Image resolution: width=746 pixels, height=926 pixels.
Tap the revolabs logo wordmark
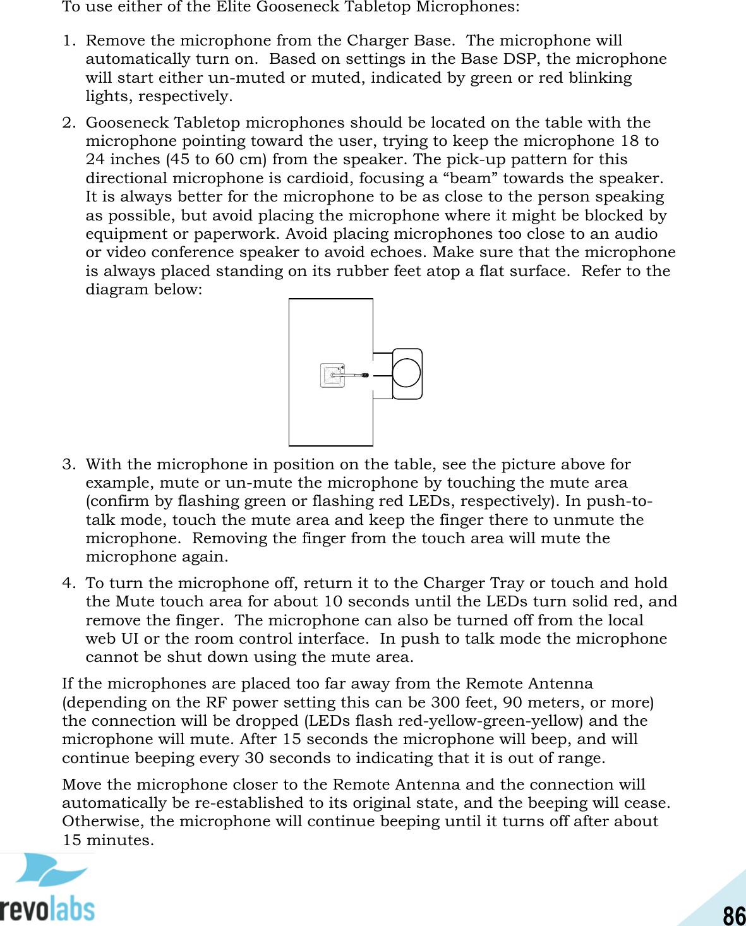47,909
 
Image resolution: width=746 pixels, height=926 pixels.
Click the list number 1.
68,41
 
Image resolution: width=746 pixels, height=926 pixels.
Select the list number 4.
68,583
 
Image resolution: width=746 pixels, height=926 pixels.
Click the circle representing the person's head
406,373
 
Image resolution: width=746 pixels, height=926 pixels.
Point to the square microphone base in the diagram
332,375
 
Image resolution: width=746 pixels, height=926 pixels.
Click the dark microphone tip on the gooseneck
364,375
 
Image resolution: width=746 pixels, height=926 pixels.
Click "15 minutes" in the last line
107,841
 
